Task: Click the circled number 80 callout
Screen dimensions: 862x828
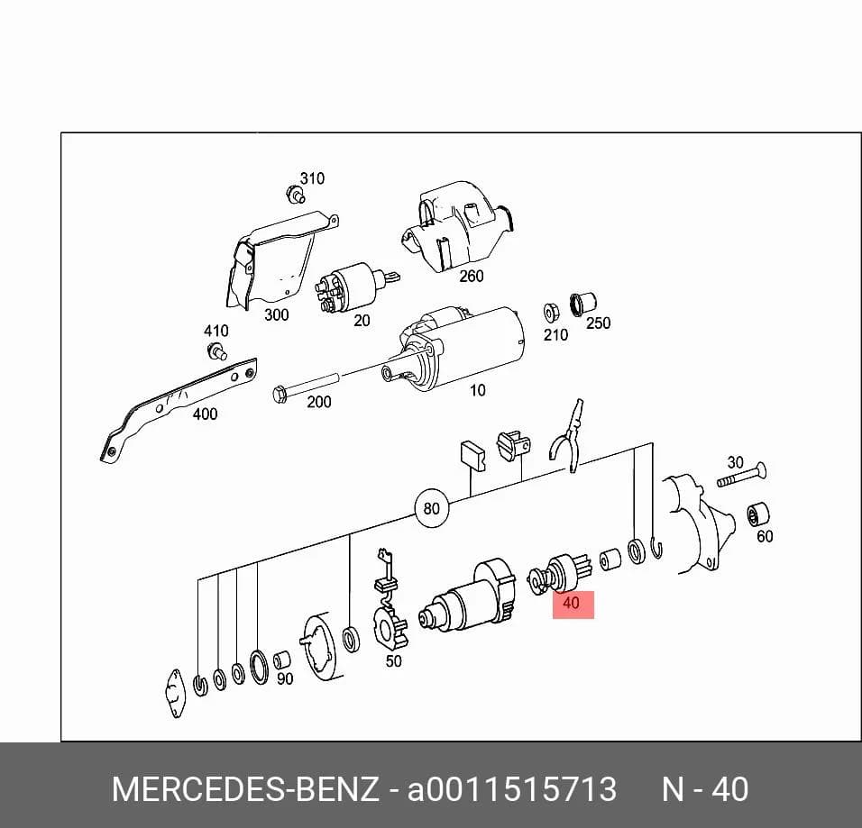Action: click(x=432, y=508)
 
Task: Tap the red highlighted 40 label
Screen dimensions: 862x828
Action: click(x=573, y=605)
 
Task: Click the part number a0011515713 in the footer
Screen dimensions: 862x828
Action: click(x=512, y=789)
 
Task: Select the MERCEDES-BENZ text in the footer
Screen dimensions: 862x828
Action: click(x=245, y=789)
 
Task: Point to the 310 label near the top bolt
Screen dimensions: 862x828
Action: click(x=312, y=178)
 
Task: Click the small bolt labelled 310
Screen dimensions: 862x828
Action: click(x=295, y=194)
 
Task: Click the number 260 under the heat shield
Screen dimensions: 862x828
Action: click(x=472, y=276)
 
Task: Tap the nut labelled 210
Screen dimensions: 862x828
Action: click(x=550, y=313)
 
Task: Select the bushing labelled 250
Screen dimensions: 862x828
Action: click(x=582, y=304)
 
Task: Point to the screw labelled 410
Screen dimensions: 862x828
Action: click(x=216, y=350)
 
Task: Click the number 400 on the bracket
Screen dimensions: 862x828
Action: click(x=205, y=414)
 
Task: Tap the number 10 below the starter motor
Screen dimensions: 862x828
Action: click(x=477, y=390)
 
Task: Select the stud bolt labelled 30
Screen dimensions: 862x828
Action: click(x=741, y=476)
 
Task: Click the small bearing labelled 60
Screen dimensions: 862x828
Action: click(x=758, y=514)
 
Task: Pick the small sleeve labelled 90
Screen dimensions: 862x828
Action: click(x=282, y=660)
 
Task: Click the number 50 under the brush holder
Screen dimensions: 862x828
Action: click(x=394, y=661)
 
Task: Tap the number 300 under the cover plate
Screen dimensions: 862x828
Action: click(x=277, y=314)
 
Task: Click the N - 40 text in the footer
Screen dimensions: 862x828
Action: click(x=705, y=789)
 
